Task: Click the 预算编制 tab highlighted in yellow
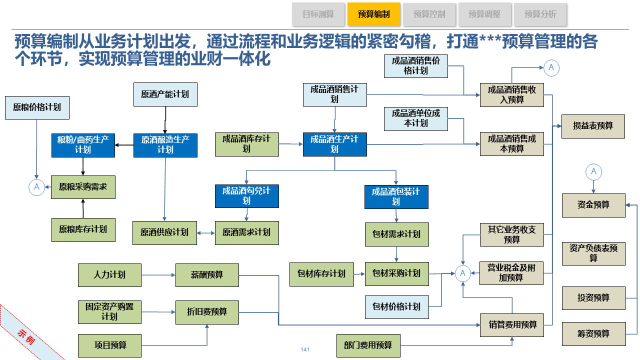(373, 14)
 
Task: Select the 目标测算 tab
(318, 14)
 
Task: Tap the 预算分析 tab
(540, 14)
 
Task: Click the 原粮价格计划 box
(37, 107)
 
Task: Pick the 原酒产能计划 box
(165, 94)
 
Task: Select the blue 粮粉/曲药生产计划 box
(83, 145)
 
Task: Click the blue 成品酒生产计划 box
(334, 144)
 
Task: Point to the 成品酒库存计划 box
(246, 144)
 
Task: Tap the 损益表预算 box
(593, 126)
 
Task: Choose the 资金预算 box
(593, 205)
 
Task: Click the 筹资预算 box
(593, 333)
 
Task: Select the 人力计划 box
(109, 275)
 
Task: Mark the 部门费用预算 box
(368, 345)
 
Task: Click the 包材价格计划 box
(396, 306)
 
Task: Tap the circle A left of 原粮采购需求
(36, 187)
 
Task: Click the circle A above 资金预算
(593, 172)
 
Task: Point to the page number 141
(305, 349)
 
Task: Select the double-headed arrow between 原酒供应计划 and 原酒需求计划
(206, 233)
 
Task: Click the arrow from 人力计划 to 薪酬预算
(158, 275)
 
